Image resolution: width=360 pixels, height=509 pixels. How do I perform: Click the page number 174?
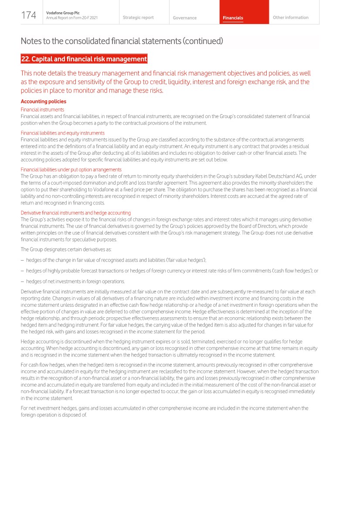coord(29,15)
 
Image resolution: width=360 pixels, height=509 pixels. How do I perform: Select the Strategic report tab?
coord(138,17)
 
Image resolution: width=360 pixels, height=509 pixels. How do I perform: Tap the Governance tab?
coord(184,18)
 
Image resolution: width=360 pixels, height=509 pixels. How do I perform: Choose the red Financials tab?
coord(233,18)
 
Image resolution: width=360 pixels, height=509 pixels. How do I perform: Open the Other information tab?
coord(290,17)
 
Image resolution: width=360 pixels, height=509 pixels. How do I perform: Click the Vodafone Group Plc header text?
coord(60,13)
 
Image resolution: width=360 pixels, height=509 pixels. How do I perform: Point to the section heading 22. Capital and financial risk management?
coord(84,59)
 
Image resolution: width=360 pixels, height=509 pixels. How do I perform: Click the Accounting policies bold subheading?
coord(44,102)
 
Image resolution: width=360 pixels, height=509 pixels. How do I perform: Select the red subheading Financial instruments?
coord(42,110)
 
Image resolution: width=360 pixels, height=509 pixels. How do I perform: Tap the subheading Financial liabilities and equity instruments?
coord(63,133)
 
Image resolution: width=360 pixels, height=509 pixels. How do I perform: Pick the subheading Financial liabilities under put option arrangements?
coord(71,170)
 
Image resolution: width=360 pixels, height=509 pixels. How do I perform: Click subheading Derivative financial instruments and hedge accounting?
coord(76,213)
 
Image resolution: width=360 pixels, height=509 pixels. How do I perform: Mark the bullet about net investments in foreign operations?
coord(75,281)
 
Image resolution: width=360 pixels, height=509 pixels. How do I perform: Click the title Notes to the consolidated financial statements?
coord(122,41)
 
